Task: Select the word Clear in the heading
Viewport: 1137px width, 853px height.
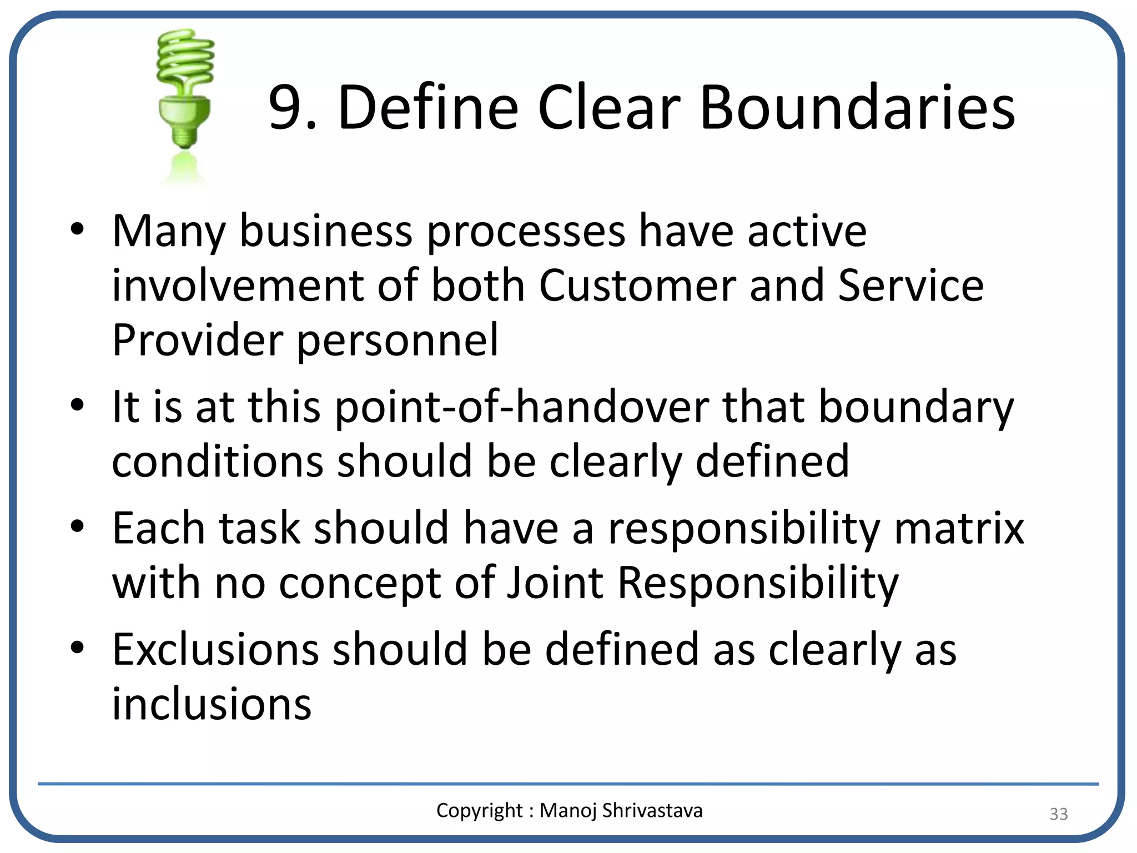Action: tap(608, 107)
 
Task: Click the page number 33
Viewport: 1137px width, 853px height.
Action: tap(1058, 814)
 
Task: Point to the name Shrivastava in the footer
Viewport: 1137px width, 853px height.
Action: tap(652, 811)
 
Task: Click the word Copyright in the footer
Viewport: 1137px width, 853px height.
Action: tap(479, 811)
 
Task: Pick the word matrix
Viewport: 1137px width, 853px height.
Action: tap(959, 528)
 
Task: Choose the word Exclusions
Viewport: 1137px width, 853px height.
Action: tap(215, 649)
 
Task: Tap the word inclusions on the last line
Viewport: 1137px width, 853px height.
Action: tap(212, 704)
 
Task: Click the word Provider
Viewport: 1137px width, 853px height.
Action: tap(197, 340)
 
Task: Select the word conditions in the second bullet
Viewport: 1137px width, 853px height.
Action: tap(217, 461)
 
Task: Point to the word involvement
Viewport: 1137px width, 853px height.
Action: tap(238, 285)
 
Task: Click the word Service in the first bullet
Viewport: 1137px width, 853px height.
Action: tap(910, 285)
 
